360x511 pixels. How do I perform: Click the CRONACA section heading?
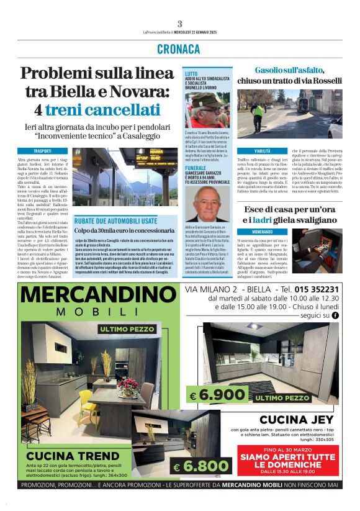coord(179,48)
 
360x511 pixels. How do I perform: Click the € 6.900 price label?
coord(212,395)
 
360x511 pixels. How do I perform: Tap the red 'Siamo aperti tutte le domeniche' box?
coord(288,461)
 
